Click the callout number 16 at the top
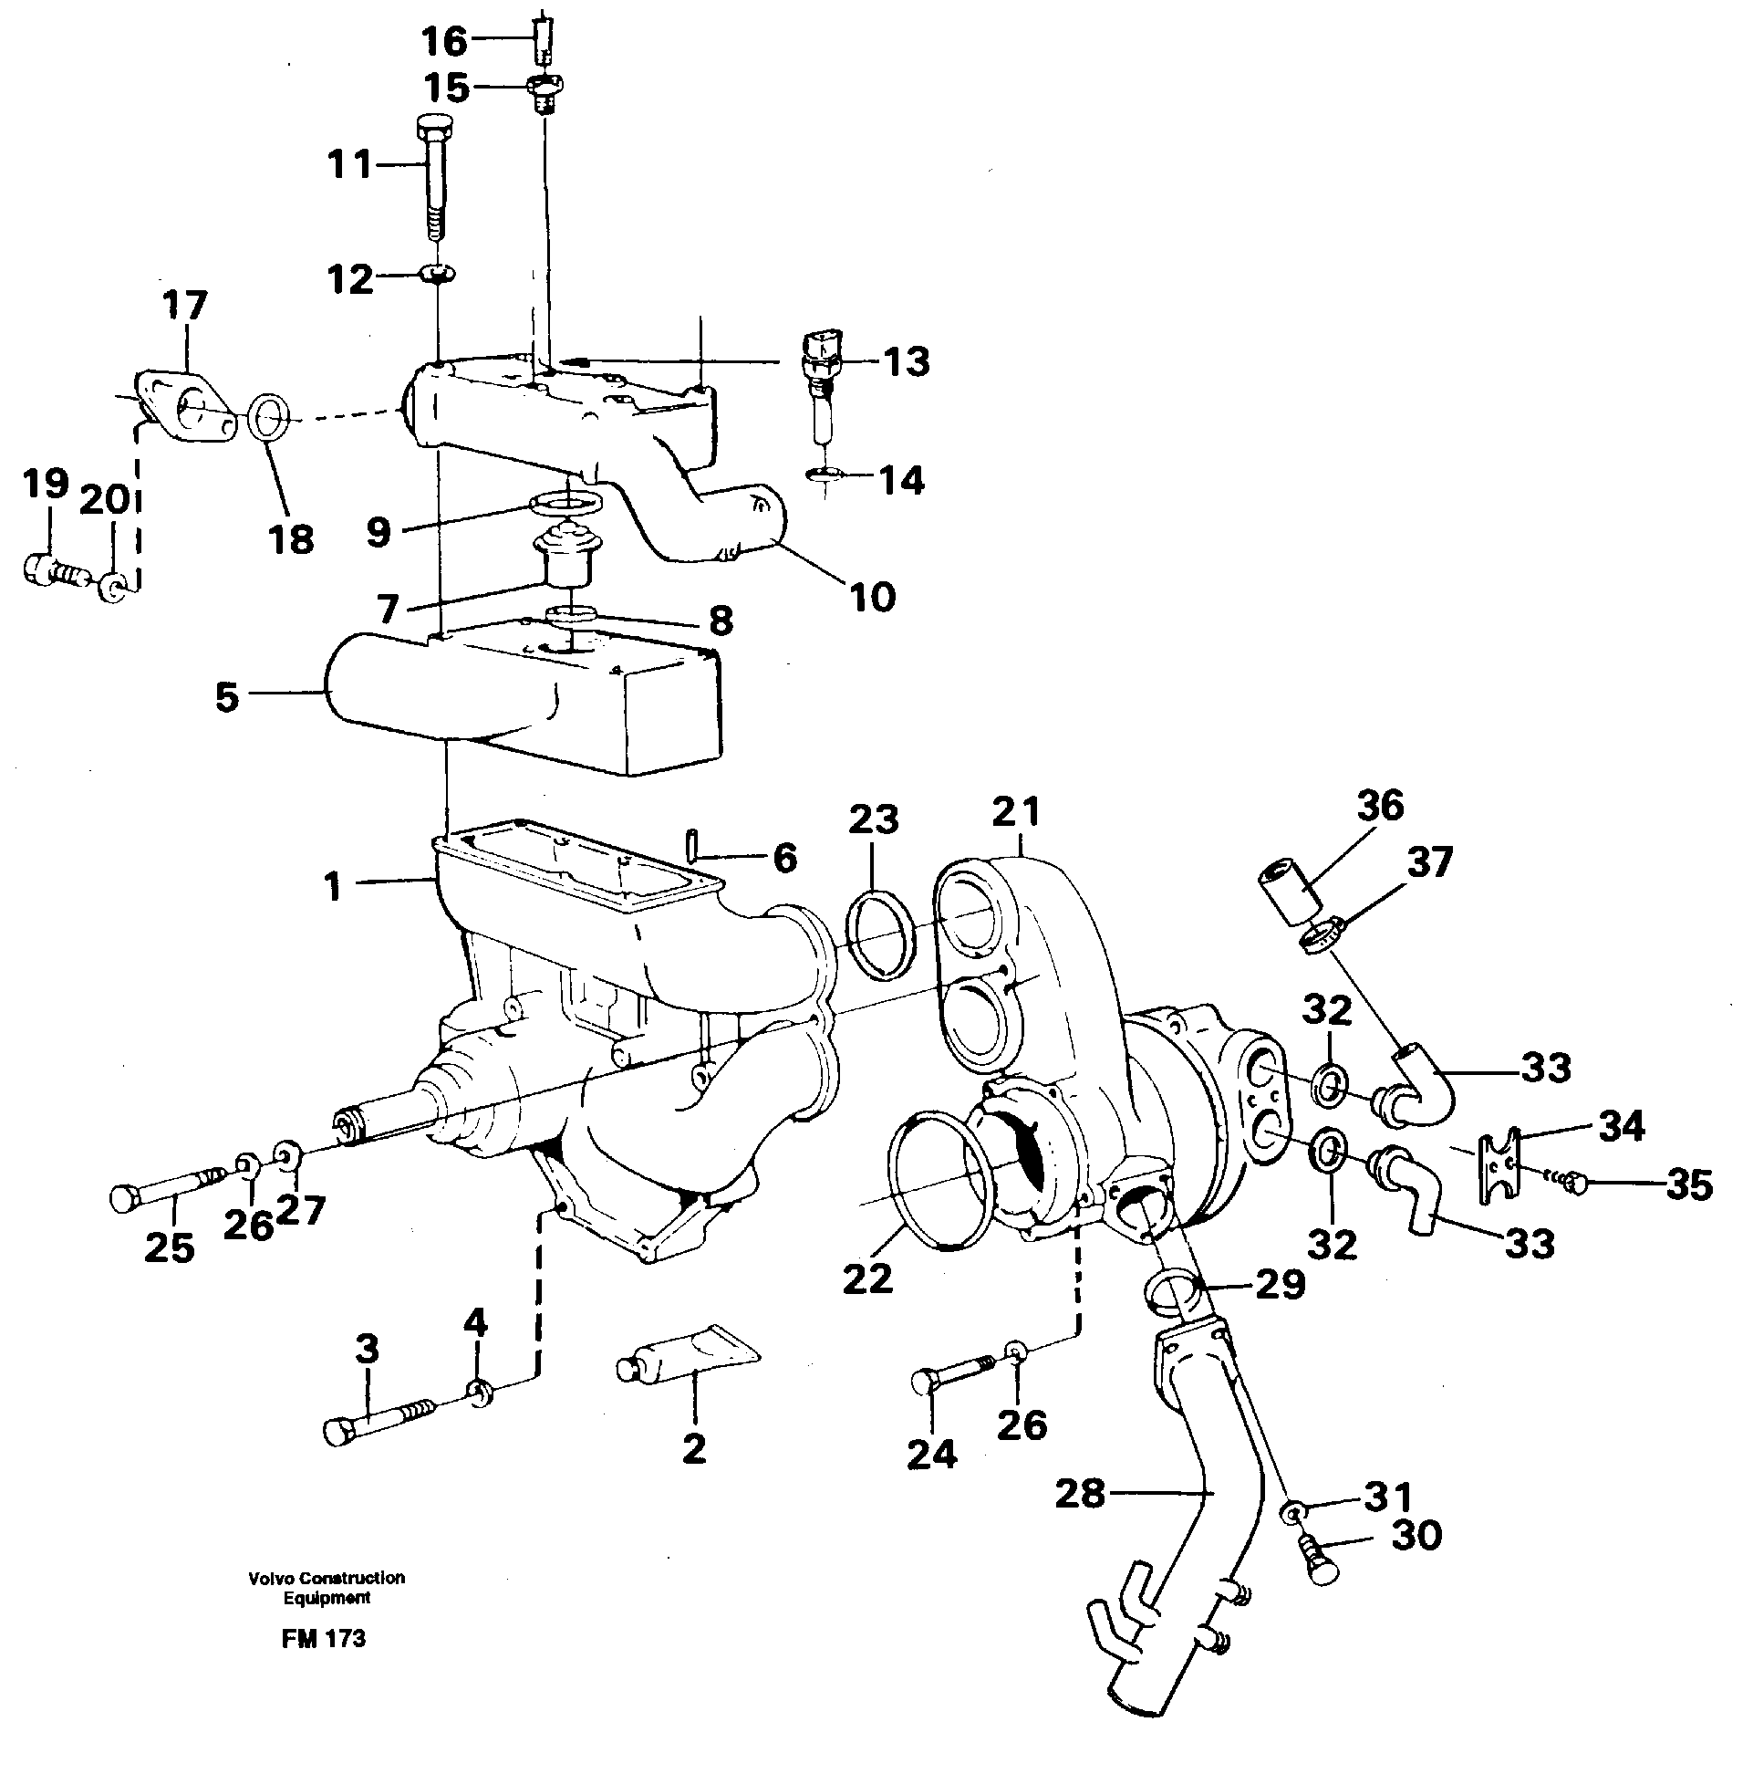(x=444, y=40)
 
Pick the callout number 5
(x=227, y=697)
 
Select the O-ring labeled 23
(x=879, y=931)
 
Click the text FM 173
(x=324, y=1639)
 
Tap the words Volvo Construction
(x=326, y=1578)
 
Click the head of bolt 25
(x=125, y=1197)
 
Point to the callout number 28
(x=1079, y=1494)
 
